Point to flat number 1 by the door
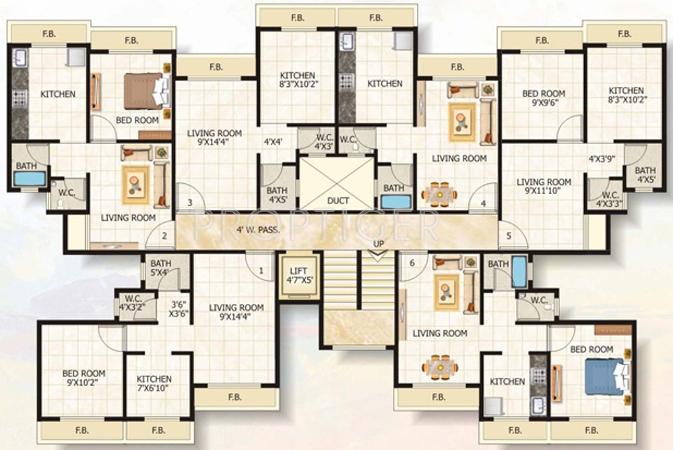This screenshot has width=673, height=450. tap(261, 271)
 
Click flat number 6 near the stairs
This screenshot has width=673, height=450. tap(412, 263)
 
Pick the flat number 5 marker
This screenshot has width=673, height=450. tap(509, 236)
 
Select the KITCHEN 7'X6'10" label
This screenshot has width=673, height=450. tap(154, 384)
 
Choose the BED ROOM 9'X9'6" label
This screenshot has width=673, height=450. tap(544, 98)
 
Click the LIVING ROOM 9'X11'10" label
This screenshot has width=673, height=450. tap(544, 187)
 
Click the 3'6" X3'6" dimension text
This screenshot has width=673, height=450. tap(179, 309)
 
